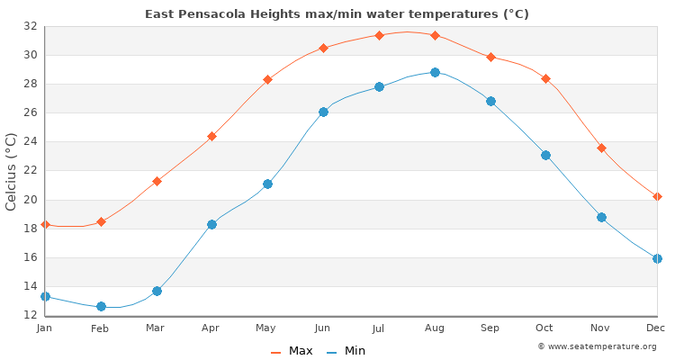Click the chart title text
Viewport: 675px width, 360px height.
(337, 13)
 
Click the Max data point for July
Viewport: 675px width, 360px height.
(379, 35)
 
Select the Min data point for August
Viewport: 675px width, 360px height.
(435, 72)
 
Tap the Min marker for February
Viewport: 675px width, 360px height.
(101, 306)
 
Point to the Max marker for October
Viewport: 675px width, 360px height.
(545, 78)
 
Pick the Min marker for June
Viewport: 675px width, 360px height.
(323, 112)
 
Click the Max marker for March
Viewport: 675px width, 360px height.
(157, 181)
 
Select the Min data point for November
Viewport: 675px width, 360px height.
(601, 217)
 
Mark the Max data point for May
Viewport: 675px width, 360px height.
(267, 79)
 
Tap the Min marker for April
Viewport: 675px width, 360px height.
(211, 224)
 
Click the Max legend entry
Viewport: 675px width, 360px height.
(292, 351)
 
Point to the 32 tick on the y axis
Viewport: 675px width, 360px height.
(30, 26)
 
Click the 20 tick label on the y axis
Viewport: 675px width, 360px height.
(30, 200)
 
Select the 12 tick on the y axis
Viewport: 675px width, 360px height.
(30, 315)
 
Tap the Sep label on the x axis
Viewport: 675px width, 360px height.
(490, 328)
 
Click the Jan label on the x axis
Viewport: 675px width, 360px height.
(45, 328)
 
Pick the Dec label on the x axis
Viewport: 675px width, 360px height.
(656, 328)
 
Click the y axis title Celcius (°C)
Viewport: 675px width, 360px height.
(12, 171)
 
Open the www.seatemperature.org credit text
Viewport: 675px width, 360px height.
(597, 346)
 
